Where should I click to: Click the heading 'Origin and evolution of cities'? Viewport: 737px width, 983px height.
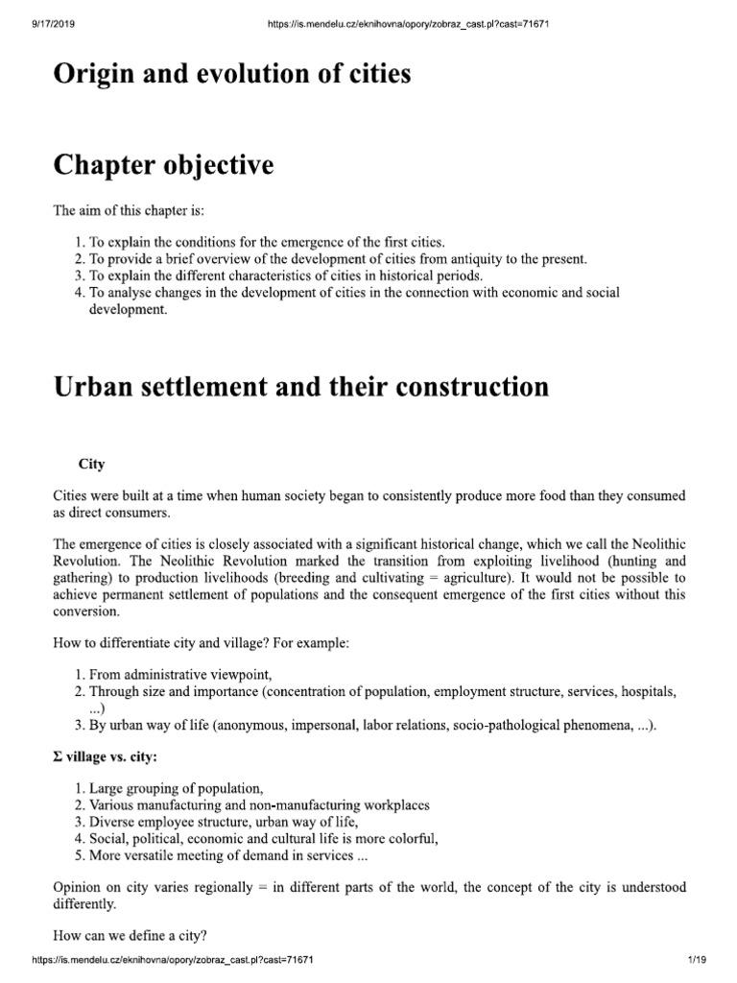pos(231,74)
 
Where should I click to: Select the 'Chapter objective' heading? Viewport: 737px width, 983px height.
pos(162,165)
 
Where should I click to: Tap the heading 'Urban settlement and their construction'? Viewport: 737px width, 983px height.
pos(300,387)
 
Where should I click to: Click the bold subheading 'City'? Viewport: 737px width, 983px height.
pos(91,464)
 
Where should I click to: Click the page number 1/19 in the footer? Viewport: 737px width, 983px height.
pos(697,960)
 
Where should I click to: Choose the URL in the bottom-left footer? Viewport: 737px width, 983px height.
pos(174,960)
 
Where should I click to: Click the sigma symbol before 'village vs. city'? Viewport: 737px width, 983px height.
pos(58,757)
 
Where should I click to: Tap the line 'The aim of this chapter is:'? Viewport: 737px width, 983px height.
pos(129,210)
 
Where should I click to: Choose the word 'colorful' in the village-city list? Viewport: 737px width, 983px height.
pos(410,839)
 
